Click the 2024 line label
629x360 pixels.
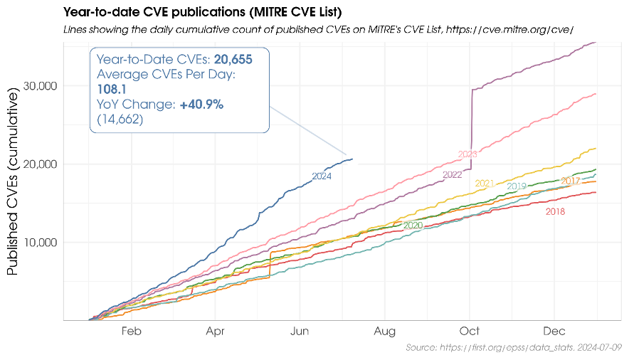click(x=322, y=176)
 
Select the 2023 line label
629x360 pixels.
click(x=467, y=154)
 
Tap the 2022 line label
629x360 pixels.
click(x=453, y=174)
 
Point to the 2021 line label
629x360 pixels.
click(x=484, y=183)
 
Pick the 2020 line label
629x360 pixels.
click(x=413, y=225)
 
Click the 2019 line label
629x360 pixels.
click(x=517, y=186)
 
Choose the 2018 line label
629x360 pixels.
click(x=555, y=211)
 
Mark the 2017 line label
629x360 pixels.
click(x=571, y=181)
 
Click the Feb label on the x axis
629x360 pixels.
click(x=132, y=331)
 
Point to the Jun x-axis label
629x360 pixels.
click(x=300, y=331)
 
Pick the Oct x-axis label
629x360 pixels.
click(x=470, y=331)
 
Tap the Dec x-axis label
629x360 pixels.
click(x=554, y=331)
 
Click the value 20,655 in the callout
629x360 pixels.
click(x=233, y=60)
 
